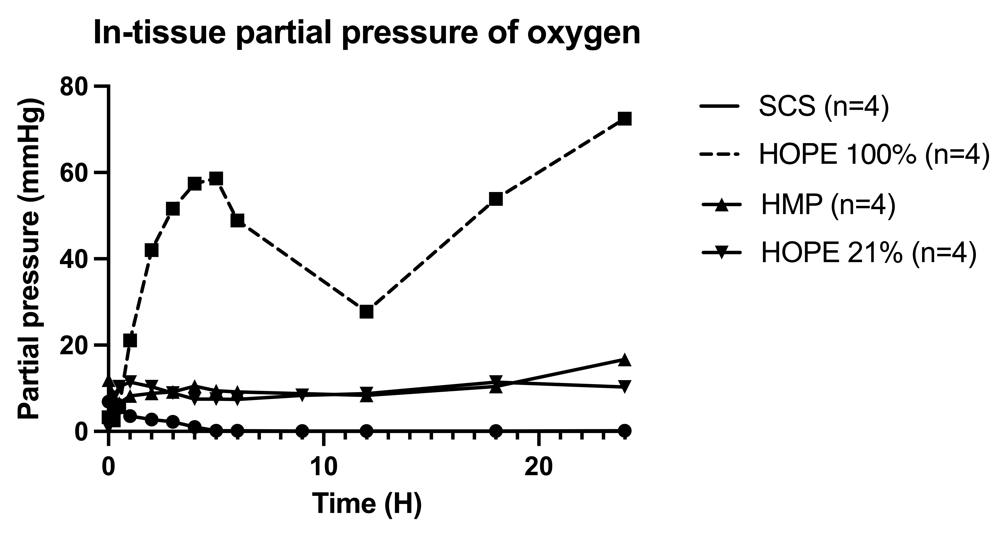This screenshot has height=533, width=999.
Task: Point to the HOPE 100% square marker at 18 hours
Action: point(496,199)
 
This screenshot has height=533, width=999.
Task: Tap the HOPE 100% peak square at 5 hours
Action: point(216,178)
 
